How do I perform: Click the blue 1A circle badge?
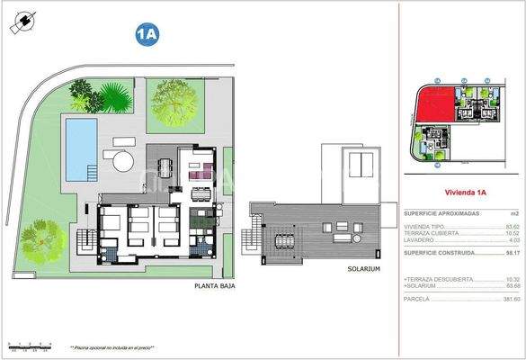(x=147, y=35)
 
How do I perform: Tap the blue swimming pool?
(x=81, y=146)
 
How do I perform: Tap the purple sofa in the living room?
(x=204, y=169)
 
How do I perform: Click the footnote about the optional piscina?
(x=111, y=346)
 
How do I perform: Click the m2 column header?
(x=513, y=212)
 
